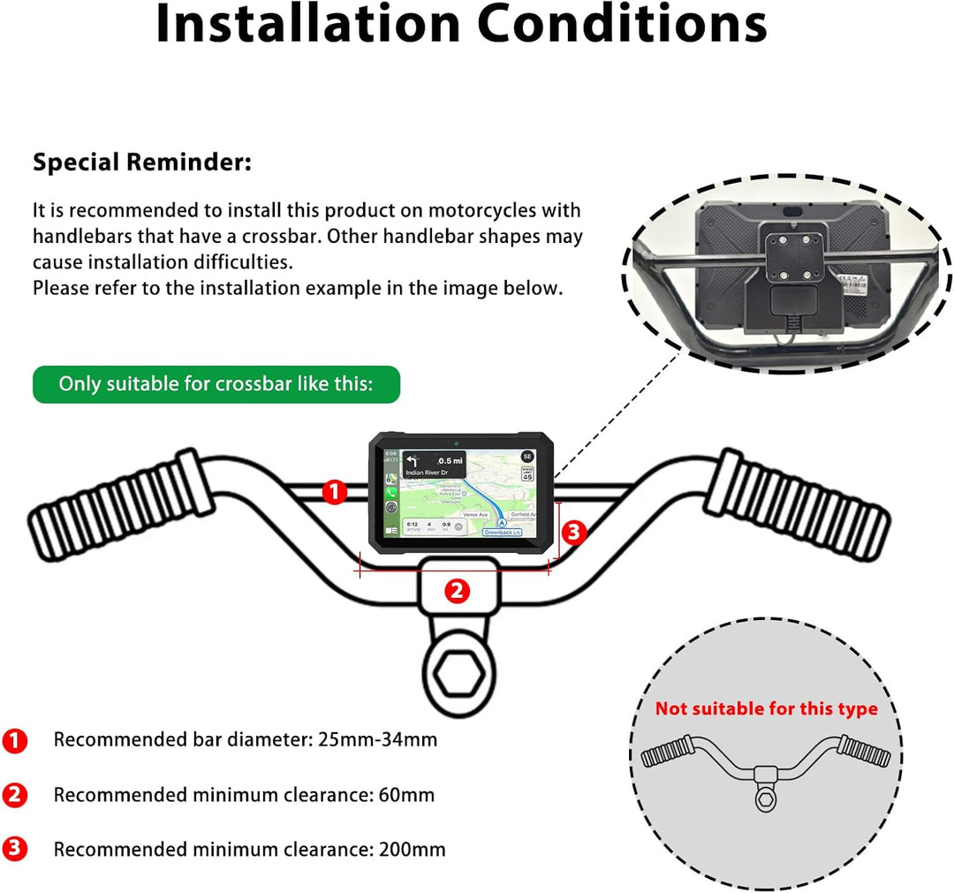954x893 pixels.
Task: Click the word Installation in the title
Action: click(x=307, y=25)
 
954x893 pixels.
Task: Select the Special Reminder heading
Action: click(x=142, y=163)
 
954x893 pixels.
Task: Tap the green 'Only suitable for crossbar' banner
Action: click(x=216, y=384)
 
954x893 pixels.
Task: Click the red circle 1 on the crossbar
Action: click(x=333, y=492)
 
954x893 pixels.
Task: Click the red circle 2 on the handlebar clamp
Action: click(x=456, y=591)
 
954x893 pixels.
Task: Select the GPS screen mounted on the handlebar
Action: click(x=457, y=493)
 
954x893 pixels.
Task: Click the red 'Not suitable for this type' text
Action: click(x=766, y=708)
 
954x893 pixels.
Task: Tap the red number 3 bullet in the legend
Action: click(x=15, y=850)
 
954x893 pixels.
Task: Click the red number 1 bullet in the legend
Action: click(x=15, y=740)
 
